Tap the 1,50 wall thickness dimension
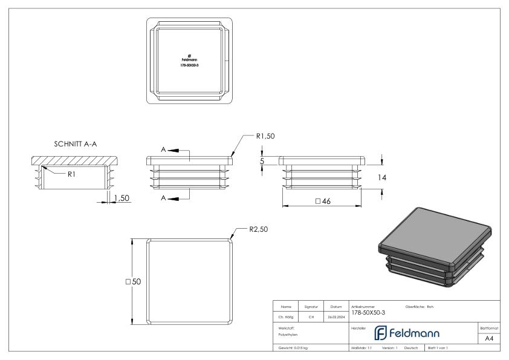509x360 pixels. tap(122, 198)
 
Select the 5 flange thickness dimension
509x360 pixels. tap(262, 162)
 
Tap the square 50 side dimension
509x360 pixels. tap(132, 281)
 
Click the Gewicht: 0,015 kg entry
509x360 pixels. tap(294, 349)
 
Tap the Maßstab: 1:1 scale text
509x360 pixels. tap(361, 349)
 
